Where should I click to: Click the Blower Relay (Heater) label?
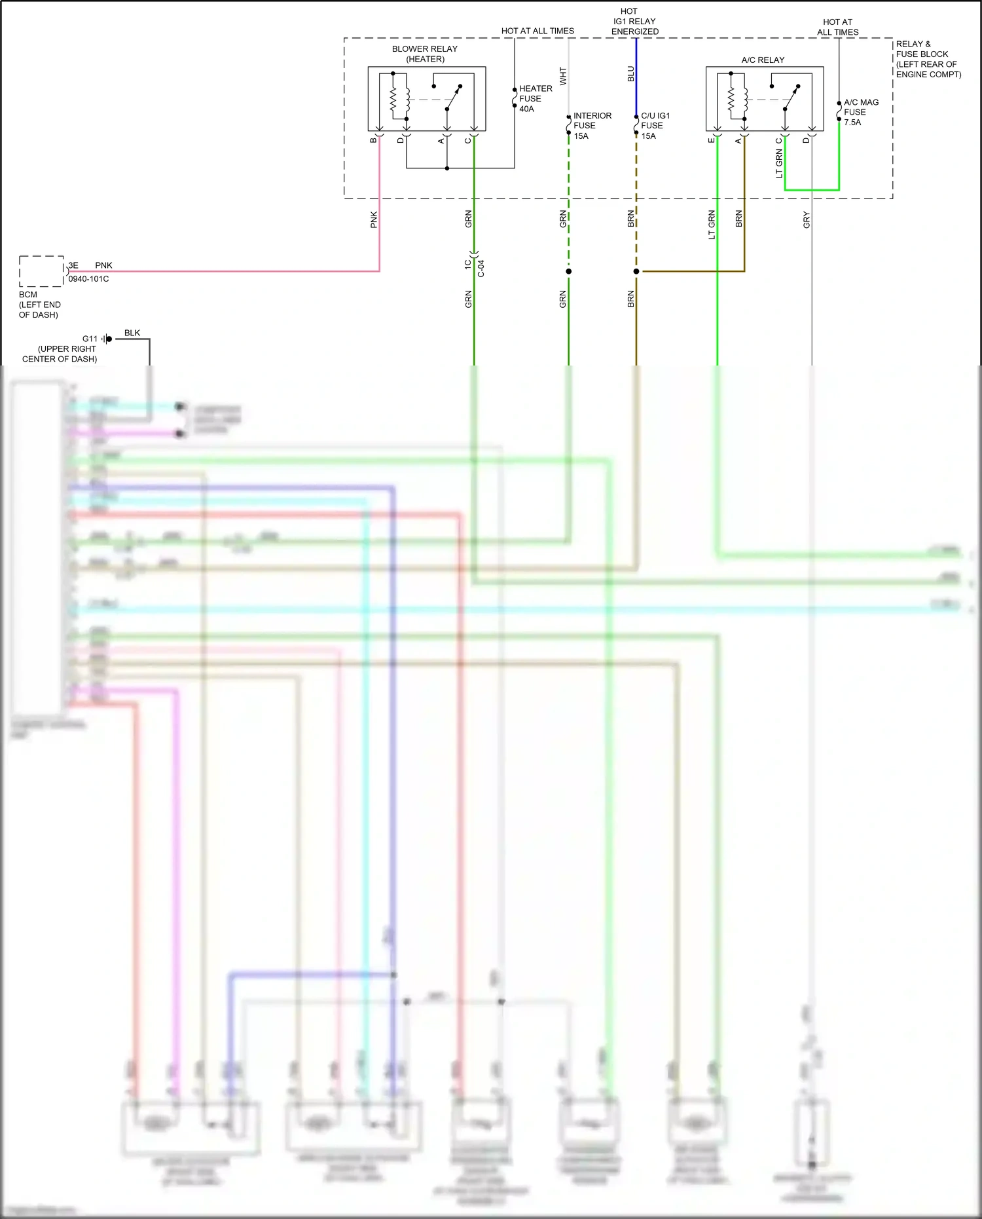pyautogui.click(x=425, y=54)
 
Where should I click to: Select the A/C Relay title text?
pyautogui.click(x=763, y=60)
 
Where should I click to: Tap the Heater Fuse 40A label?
pyautogui.click(x=535, y=98)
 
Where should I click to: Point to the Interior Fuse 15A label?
pyautogui.click(x=592, y=125)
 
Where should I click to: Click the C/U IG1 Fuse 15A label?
pyautogui.click(x=655, y=125)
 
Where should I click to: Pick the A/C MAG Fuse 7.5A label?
pyautogui.click(x=860, y=112)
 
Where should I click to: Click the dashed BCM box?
pyautogui.click(x=41, y=271)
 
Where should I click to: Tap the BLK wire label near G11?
pyautogui.click(x=132, y=333)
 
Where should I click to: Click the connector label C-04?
pyautogui.click(x=481, y=268)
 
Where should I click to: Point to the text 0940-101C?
pyautogui.click(x=88, y=278)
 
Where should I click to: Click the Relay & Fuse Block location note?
pyautogui.click(x=928, y=59)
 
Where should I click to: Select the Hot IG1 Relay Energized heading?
pyautogui.click(x=634, y=21)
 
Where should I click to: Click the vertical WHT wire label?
pyautogui.click(x=563, y=76)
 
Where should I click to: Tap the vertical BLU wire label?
pyautogui.click(x=631, y=73)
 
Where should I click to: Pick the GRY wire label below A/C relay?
pyautogui.click(x=807, y=220)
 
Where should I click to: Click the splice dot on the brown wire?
pyautogui.click(x=636, y=271)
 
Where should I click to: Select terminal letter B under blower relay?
pyautogui.click(x=374, y=140)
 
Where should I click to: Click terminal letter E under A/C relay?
pyautogui.click(x=712, y=140)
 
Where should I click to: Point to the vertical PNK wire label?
pyautogui.click(x=374, y=219)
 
